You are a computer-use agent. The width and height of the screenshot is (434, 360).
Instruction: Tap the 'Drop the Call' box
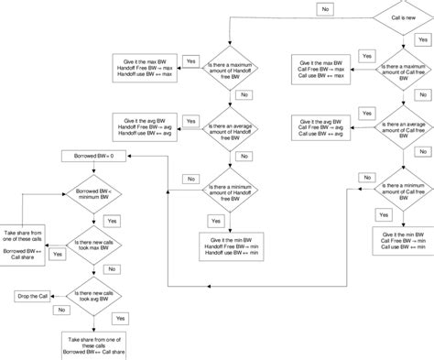pos(35,295)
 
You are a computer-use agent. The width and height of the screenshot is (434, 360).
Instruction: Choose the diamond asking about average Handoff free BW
pos(229,126)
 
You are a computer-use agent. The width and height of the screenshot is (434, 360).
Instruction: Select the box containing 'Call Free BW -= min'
pos(400,241)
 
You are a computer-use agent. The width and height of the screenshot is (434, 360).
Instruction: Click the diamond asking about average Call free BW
pos(400,126)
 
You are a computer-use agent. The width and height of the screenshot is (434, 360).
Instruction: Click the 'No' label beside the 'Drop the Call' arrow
pos(62,310)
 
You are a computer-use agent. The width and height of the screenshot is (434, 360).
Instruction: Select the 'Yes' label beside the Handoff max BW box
pos(191,60)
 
